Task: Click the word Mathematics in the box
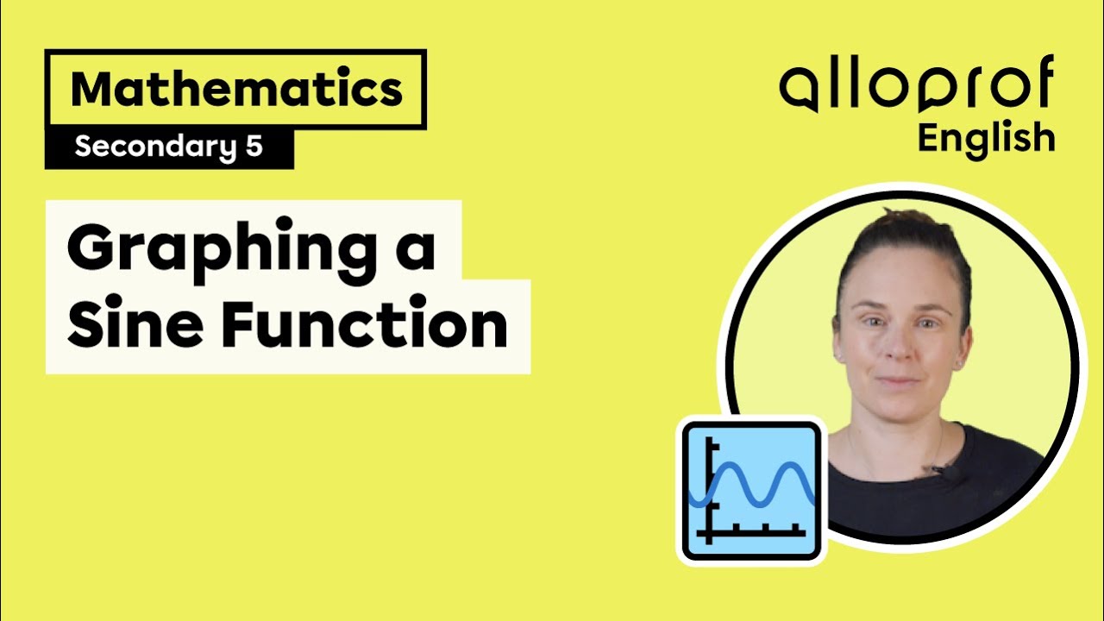(235, 90)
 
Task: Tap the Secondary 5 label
(168, 147)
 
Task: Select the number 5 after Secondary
(253, 147)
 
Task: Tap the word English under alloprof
(986, 138)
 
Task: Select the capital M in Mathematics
(91, 90)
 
